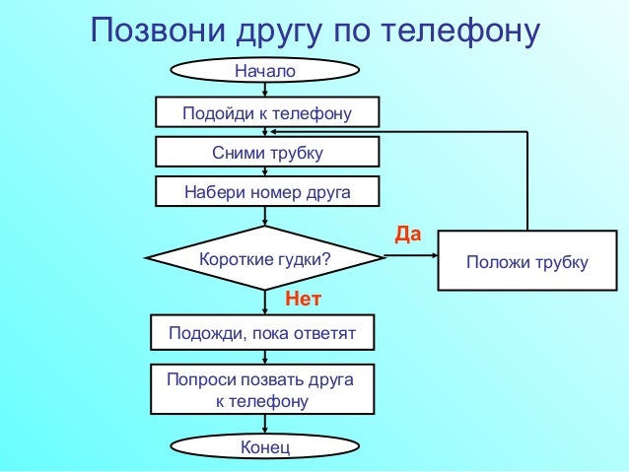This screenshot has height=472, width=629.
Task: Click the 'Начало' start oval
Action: [265, 71]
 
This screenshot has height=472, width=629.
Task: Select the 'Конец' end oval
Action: [265, 448]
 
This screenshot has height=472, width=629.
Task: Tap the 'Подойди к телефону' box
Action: [267, 113]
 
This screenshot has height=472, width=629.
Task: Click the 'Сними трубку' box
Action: [267, 153]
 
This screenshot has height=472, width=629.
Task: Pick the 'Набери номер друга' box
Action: [267, 191]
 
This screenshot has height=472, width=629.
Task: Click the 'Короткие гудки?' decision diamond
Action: [265, 259]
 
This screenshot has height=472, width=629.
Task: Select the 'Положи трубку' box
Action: [527, 261]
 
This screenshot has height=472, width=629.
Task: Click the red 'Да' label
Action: [407, 235]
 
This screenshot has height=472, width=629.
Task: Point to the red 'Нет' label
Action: [304, 297]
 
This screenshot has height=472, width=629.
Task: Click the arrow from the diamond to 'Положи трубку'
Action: [410, 258]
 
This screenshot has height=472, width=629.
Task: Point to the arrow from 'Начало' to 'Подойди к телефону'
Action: [265, 91]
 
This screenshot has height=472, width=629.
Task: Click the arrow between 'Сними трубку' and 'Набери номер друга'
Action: [265, 171]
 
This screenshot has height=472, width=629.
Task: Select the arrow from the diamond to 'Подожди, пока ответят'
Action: [265, 303]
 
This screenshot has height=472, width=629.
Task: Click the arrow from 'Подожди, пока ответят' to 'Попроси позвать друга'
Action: [265, 358]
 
